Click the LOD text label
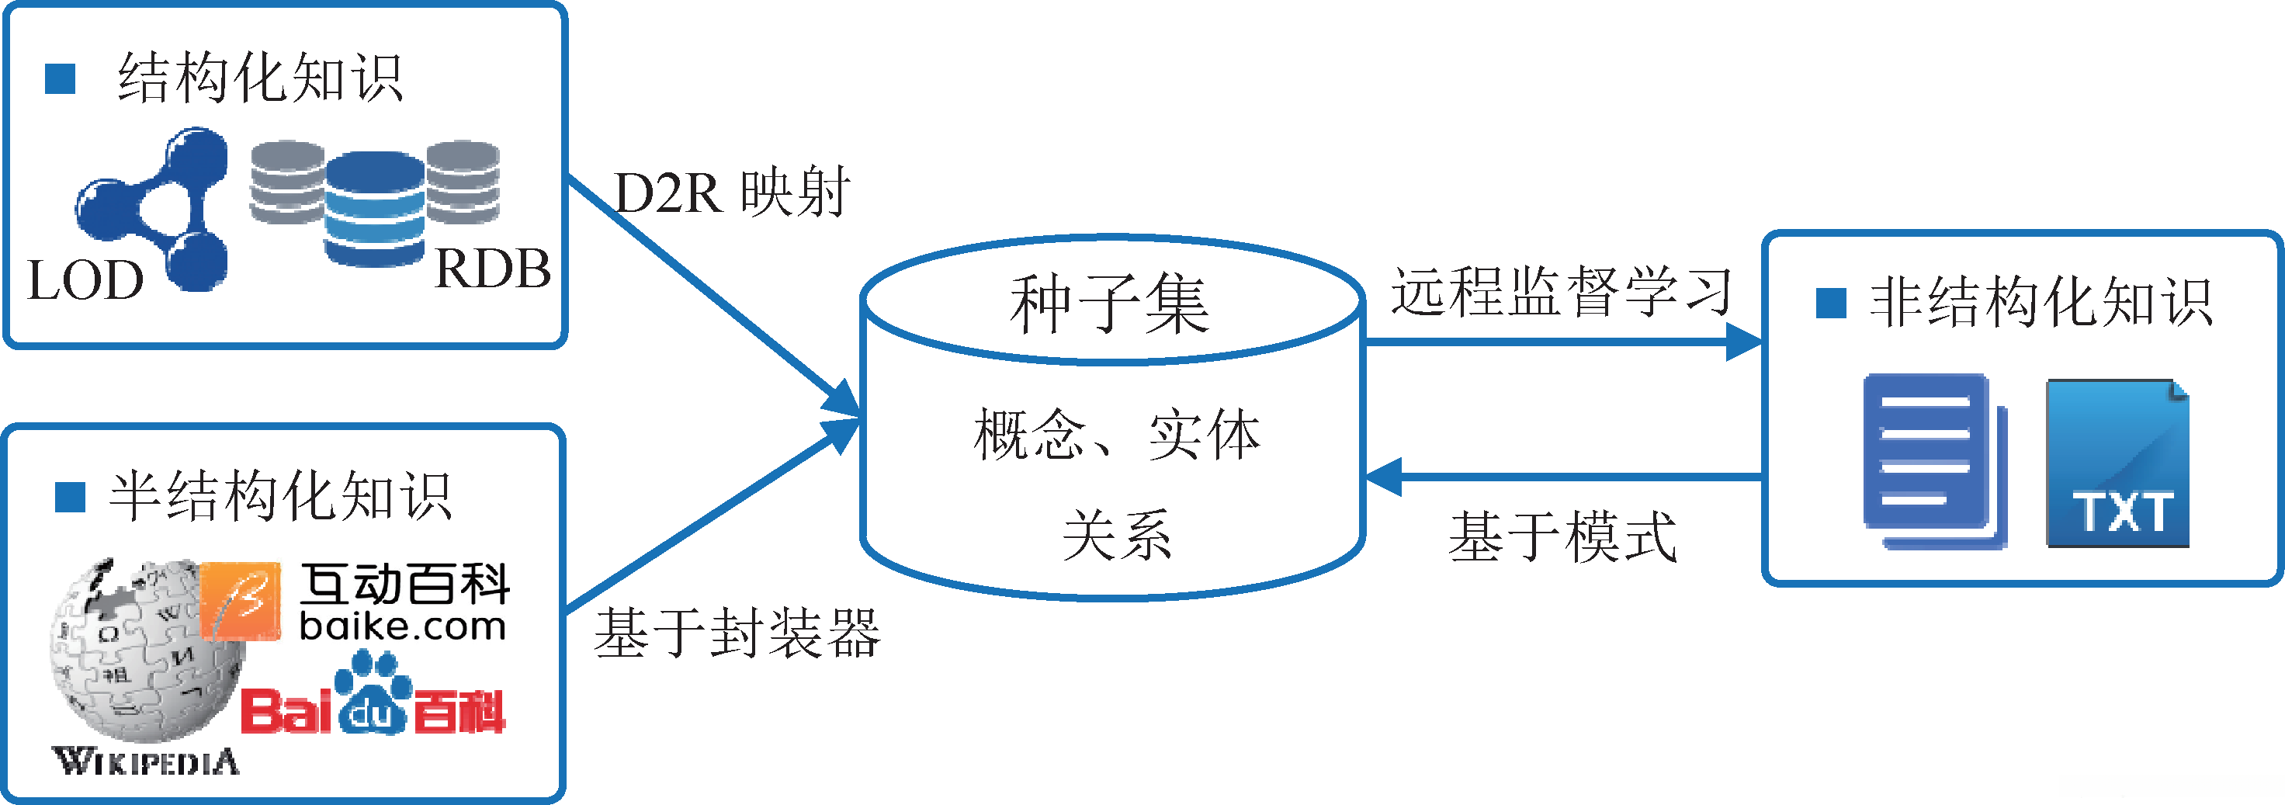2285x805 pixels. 85,280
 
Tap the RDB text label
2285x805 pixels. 492,268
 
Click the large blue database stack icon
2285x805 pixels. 374,209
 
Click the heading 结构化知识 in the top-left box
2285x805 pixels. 260,78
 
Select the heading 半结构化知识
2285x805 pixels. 280,496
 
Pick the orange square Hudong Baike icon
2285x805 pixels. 241,601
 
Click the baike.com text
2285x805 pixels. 403,627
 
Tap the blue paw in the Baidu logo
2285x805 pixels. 373,695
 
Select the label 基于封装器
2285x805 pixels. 737,633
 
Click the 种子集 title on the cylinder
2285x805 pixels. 1109,304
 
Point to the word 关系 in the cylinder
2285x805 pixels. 1116,535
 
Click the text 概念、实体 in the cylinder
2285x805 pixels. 1116,435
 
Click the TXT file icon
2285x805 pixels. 2117,463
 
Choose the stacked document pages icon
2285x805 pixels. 1933,462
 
